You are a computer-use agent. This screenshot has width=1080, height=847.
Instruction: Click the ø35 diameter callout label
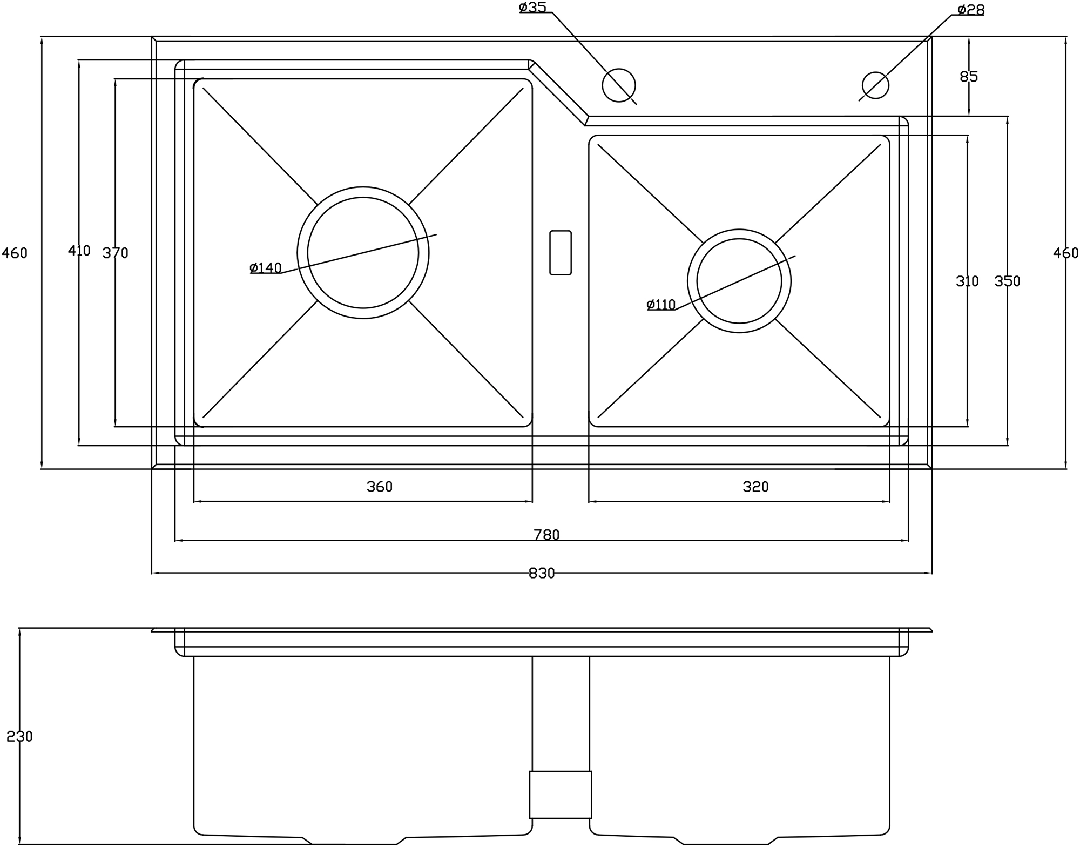(532, 7)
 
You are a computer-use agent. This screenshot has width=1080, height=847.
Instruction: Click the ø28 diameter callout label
(970, 10)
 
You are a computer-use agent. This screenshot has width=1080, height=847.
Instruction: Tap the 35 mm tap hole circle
(618, 85)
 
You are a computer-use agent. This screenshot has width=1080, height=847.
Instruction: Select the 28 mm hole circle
(875, 85)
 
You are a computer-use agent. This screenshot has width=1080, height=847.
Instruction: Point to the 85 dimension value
(969, 77)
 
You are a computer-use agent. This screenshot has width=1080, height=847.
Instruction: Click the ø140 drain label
(266, 268)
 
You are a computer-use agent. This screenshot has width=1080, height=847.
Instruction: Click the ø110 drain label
(661, 305)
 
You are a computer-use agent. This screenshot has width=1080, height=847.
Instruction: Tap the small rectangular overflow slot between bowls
(561, 253)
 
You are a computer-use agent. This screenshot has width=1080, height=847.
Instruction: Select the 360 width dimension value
(380, 487)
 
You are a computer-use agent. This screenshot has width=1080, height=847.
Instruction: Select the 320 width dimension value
(755, 487)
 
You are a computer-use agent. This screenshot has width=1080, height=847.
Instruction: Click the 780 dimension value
(546, 535)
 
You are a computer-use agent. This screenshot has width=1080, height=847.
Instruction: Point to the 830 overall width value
(542, 574)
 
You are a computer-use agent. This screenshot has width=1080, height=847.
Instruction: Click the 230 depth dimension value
(19, 736)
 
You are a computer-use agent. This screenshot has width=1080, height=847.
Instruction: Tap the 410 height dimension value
(79, 251)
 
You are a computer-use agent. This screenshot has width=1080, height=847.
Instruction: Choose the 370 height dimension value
(115, 253)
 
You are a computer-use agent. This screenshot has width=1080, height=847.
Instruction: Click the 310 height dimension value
(967, 281)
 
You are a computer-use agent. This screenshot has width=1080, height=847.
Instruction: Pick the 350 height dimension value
(1007, 281)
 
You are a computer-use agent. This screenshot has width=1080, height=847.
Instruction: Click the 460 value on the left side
(15, 253)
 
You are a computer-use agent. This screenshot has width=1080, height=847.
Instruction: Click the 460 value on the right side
(1065, 253)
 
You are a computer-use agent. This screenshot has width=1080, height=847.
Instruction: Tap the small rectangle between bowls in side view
(561, 795)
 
